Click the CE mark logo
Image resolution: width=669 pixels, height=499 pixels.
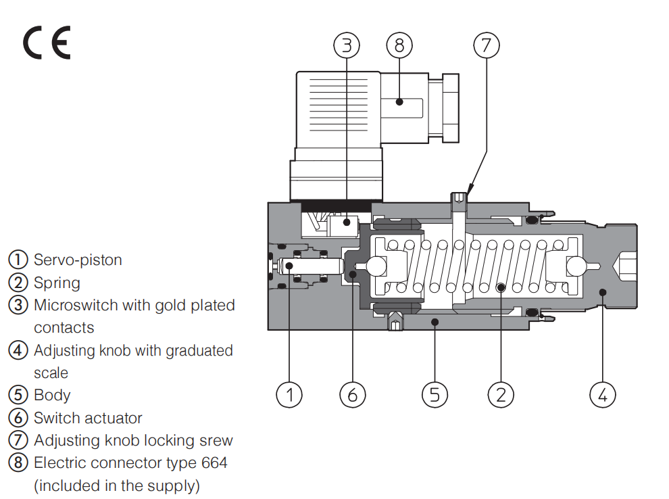click(47, 43)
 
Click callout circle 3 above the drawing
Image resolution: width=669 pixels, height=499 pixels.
click(347, 45)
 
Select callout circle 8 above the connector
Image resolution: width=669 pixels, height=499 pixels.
click(399, 45)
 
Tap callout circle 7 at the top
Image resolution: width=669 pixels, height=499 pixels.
click(485, 45)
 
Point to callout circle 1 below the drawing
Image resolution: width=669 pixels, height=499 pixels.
click(289, 394)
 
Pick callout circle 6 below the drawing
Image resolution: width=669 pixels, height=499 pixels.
click(352, 394)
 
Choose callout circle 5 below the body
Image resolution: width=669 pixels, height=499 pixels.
click(435, 394)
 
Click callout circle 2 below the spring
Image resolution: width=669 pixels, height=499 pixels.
click(501, 394)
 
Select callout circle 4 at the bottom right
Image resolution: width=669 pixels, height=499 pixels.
click(603, 394)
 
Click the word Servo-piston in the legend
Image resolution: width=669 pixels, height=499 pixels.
click(78, 260)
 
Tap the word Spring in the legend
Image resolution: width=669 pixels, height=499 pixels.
click(57, 283)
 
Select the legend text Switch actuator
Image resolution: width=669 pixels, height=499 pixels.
click(88, 418)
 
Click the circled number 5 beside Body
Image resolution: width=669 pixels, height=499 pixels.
click(18, 395)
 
